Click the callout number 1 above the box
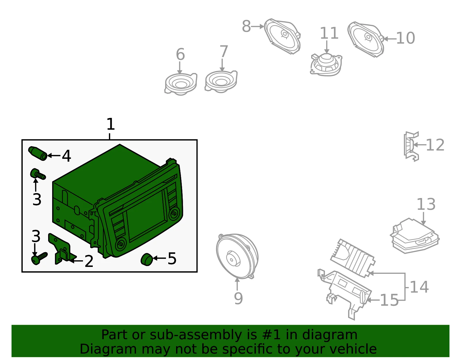111,124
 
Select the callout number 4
66,156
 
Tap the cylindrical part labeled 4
38,153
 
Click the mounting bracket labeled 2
62,249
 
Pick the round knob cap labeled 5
147,259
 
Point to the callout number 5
172,259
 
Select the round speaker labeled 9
237,256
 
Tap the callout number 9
238,298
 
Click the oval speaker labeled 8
282,36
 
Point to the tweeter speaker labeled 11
326,65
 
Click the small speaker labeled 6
181,84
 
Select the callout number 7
224,51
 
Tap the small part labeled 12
411,147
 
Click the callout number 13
426,204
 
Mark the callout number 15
389,300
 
